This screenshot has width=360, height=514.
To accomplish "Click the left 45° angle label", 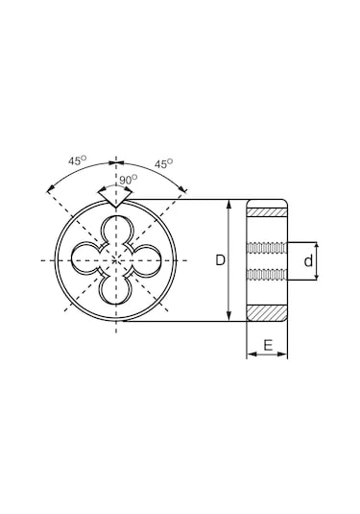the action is (x=78, y=160).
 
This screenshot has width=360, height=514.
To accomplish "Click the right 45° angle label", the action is (x=164, y=163).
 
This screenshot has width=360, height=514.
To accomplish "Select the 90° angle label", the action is (x=128, y=180).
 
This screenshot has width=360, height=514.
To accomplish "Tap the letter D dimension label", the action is (x=221, y=260).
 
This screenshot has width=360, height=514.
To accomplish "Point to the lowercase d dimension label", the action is (x=308, y=261).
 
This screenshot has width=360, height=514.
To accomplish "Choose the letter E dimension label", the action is (x=268, y=345).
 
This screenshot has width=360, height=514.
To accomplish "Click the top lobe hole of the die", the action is (x=116, y=230).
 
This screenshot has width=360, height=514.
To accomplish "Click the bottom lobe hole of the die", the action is (x=116, y=290).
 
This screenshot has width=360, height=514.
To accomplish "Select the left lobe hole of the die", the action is (x=85, y=259).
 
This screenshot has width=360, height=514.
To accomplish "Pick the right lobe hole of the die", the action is (x=146, y=259).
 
